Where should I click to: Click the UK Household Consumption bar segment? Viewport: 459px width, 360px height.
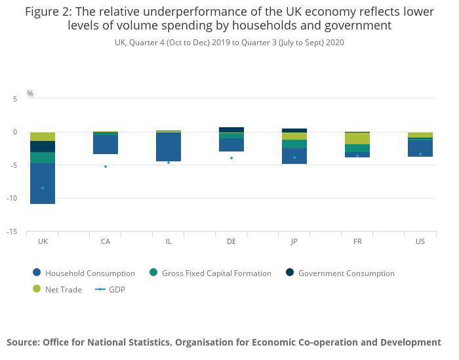point(43,184)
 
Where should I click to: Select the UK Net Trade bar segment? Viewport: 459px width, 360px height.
point(43,136)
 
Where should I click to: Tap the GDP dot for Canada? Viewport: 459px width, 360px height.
point(106,167)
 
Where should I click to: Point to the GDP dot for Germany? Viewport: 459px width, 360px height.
point(231,158)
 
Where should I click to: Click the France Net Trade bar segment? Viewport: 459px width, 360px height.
point(357,138)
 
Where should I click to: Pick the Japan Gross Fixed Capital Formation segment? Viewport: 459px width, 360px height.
point(294,144)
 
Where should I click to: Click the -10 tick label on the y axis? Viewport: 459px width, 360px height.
point(16,199)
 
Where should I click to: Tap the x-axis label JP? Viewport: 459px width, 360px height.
point(294,241)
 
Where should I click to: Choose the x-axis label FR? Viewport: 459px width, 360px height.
point(357,241)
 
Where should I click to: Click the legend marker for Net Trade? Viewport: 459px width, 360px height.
point(36,289)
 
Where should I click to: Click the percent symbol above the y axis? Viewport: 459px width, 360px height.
point(30,94)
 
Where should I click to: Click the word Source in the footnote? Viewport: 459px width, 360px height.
point(23,342)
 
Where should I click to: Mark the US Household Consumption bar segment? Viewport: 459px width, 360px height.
point(420,148)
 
